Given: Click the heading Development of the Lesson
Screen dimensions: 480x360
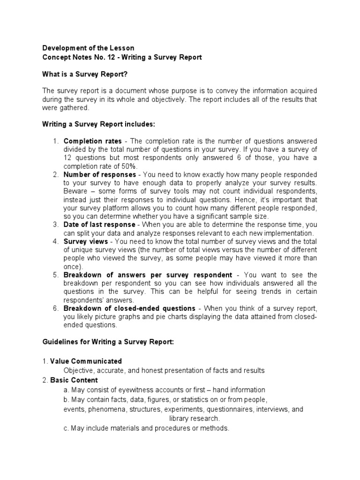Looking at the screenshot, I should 88,48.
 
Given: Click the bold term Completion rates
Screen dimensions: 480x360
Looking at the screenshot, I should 93,141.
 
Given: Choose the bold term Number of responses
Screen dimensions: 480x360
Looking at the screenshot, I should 99,174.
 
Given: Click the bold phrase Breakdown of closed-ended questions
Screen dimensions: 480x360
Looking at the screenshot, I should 129,308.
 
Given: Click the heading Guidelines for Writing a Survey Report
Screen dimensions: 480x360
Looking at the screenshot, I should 108,342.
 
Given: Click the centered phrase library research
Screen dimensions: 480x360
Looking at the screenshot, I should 194,419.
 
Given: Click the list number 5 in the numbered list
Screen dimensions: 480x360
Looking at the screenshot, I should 55,275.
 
